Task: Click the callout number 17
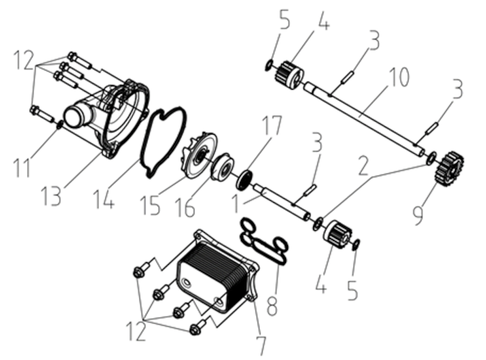click(272, 126)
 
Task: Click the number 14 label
click(104, 198)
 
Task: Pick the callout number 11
click(22, 167)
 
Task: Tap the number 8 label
click(272, 305)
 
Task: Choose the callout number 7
click(260, 345)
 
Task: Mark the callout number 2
click(362, 165)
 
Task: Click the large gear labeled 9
click(450, 170)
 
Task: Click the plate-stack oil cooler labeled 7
click(217, 272)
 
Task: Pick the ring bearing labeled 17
click(244, 180)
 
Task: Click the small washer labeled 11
click(60, 124)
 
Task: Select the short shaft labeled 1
click(281, 202)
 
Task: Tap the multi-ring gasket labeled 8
click(264, 240)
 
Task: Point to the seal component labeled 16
click(223, 167)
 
